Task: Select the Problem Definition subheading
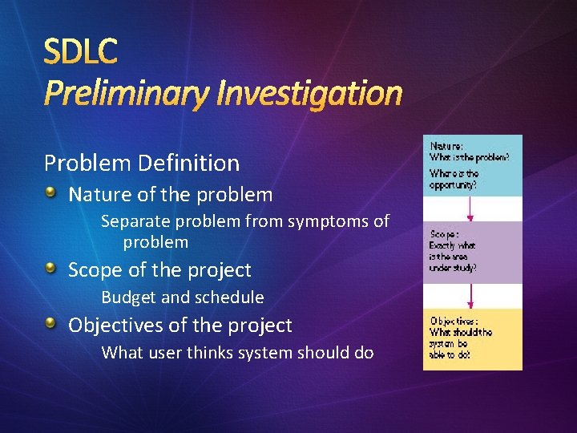pyautogui.click(x=142, y=163)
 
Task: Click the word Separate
pyautogui.click(x=132, y=221)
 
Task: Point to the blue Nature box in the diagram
pyautogui.click(x=473, y=165)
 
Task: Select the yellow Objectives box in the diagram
pyautogui.click(x=473, y=338)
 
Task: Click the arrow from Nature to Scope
pyautogui.click(x=471, y=209)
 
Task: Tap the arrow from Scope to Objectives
pyautogui.click(x=471, y=296)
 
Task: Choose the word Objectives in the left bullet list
pyautogui.click(x=111, y=326)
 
